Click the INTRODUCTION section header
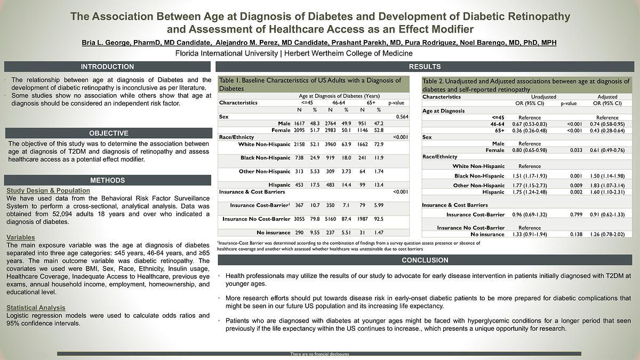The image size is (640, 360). [x=107, y=67]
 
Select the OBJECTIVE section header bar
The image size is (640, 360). [x=108, y=133]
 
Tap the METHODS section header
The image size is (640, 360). [x=107, y=180]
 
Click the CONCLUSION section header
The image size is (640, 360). [x=425, y=260]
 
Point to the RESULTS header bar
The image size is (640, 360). [x=425, y=67]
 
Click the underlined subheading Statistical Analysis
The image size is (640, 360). [x=36, y=308]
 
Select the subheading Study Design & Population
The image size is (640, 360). [x=48, y=190]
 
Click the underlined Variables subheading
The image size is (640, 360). [x=21, y=237]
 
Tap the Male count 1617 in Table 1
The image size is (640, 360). [x=299, y=123]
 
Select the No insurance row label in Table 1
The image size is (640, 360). [x=274, y=233]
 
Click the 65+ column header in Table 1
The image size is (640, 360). [x=370, y=102]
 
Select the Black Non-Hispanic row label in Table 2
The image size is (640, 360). [x=479, y=176]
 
